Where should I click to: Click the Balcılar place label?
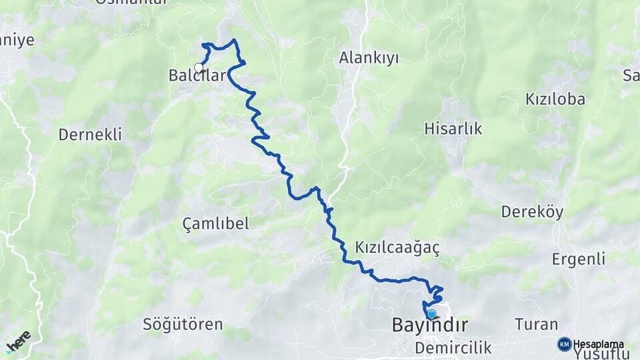[197, 76]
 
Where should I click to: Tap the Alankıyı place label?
[369, 58]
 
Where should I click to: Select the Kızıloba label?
[555, 99]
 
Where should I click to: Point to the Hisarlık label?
[453, 129]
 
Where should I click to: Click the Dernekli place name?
[90, 135]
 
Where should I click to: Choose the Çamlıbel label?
[215, 223]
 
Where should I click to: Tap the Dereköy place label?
[532, 212]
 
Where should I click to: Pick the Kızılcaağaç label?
[397, 247]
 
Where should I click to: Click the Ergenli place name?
[578, 259]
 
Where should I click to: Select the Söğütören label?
[183, 325]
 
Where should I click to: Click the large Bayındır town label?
[429, 325]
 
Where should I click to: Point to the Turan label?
[536, 325]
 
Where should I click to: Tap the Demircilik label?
[453, 347]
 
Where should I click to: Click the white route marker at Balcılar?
[198, 67]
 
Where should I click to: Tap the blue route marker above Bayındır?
[431, 314]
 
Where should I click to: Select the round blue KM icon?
[564, 344]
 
